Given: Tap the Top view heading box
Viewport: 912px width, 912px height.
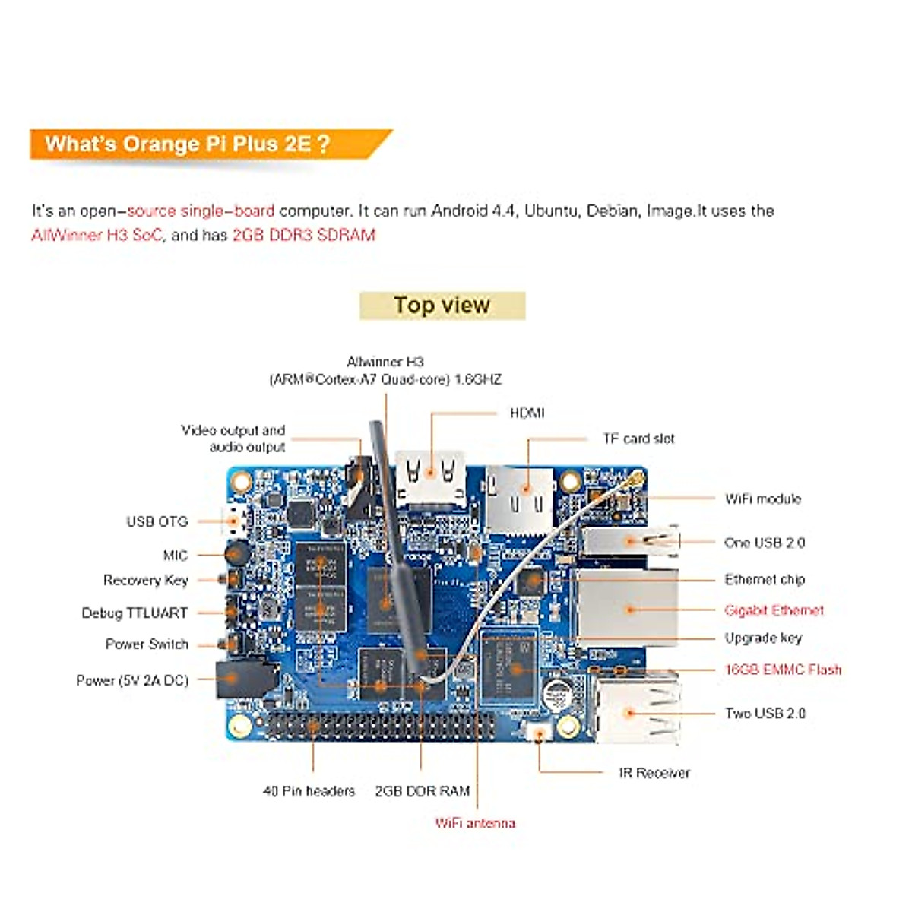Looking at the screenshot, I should point(442,306).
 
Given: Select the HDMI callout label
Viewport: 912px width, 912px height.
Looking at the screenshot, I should point(527,413).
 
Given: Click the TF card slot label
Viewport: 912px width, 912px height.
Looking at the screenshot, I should point(638,439).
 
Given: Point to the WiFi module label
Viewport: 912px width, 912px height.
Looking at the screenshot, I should point(762,499).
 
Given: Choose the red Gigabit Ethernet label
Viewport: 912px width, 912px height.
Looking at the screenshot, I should point(774,610).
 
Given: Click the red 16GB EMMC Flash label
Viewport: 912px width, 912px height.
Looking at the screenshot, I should point(783,670).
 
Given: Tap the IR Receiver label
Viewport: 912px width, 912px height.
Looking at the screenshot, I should point(654,773).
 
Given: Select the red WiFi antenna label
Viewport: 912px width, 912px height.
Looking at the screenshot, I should point(475,823).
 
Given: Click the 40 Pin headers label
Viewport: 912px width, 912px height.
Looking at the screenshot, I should point(309,791).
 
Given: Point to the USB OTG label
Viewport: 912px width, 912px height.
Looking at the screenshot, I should point(157,521).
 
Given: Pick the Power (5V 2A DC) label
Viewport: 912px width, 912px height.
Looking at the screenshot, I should point(132,680).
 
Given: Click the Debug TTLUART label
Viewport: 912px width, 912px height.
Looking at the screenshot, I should point(135,613).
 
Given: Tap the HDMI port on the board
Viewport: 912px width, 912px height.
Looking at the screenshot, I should point(430,477).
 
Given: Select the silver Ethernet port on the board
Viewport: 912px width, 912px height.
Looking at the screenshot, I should point(617,608).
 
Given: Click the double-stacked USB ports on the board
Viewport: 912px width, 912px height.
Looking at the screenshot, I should point(637,711).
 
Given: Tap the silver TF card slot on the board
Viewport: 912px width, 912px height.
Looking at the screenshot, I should point(520,499).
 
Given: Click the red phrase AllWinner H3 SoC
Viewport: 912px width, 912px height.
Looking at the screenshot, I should point(97,235).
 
